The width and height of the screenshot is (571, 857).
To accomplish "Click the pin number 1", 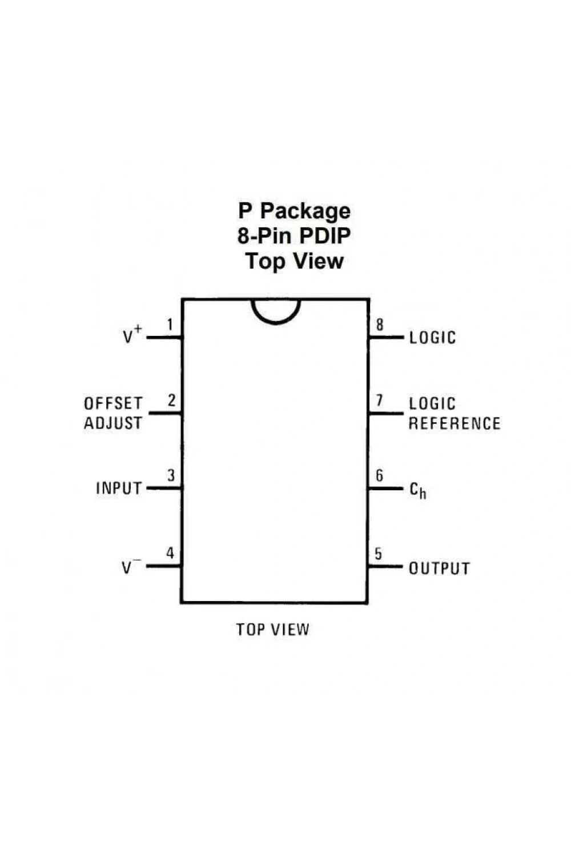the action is [x=170, y=325].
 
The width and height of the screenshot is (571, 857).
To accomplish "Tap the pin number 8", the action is [x=379, y=325].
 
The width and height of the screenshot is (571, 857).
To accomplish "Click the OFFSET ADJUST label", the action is [x=113, y=413].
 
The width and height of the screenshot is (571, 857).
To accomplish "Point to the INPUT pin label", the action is [x=119, y=488].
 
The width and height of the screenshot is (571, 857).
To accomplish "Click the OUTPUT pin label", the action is [x=440, y=568].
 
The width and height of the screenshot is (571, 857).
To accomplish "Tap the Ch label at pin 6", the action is [x=417, y=490].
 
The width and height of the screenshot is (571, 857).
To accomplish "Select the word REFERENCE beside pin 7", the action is [x=455, y=423].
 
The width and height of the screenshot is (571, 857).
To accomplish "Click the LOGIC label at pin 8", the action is [x=433, y=338].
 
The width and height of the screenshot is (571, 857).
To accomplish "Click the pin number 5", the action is [x=378, y=554].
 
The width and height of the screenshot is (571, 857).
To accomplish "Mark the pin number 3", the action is [x=171, y=475].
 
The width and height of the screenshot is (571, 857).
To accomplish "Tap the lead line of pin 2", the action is [x=165, y=413].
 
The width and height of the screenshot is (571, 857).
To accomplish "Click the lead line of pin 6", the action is [x=385, y=488].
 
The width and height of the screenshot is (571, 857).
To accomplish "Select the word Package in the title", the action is [x=305, y=211].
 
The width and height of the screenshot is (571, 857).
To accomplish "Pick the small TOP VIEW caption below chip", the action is [x=273, y=630].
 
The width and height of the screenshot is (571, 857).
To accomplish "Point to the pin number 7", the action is [x=379, y=400].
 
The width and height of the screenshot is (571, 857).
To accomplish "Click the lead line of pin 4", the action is [x=164, y=566].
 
